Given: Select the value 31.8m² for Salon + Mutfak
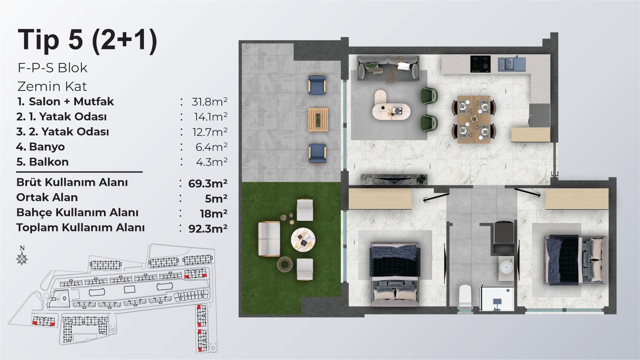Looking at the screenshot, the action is pos(209,101).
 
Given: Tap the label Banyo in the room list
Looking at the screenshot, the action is pos(47,147).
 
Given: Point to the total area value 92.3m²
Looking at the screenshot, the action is pos(208,229).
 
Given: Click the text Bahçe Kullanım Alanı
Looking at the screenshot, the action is pos(77,212).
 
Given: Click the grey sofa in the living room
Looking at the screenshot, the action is pos(388,68).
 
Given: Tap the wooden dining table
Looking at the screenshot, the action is pos(474,119).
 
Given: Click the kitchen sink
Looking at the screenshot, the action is pos(512,64).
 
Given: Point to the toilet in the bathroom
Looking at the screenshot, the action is pos(465,296).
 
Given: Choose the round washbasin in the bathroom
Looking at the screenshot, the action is pos(508,267).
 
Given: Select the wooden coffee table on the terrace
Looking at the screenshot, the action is pos(318,120).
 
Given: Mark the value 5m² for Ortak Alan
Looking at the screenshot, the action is pos(216,198).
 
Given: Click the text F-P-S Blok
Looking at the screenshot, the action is pos(53,68).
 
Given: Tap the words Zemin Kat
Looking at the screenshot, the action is pos(52,87).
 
